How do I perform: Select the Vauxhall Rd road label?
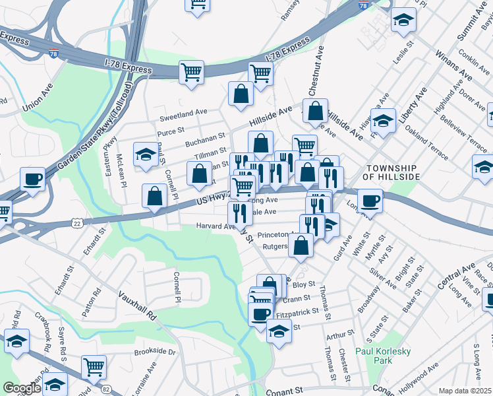click(137, 305)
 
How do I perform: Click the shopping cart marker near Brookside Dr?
click(94, 366)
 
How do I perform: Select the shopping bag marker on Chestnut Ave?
click(315, 110)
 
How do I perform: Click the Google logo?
click(21, 388)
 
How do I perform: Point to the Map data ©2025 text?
click(465, 391)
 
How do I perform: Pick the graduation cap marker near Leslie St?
click(403, 20)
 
